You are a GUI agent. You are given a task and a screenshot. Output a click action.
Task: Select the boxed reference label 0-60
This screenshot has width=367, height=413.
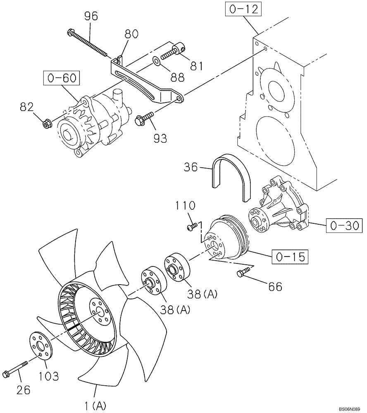click(x=61, y=78)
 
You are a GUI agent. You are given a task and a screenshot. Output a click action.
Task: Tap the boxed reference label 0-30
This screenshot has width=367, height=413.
click(x=343, y=225)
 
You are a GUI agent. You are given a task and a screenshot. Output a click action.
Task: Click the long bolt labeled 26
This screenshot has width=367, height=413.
click(x=15, y=369)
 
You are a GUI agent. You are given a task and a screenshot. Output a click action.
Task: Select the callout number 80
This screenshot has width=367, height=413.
click(x=131, y=34)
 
